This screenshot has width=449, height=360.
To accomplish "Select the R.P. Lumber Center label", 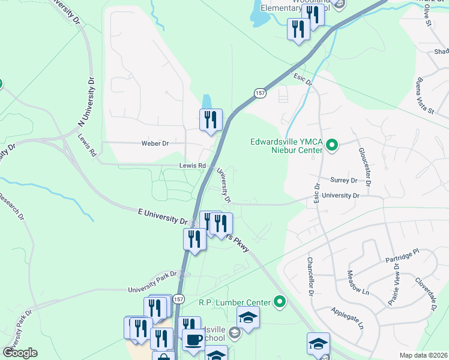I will click(x=236, y=301).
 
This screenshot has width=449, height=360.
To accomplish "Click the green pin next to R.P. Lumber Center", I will click(x=280, y=301).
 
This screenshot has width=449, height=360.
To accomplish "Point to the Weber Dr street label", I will click(x=155, y=143).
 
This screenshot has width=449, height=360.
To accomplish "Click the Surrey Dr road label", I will click(x=343, y=179).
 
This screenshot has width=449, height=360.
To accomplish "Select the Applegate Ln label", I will click(x=348, y=319).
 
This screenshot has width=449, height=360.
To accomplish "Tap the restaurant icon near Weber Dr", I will click(x=211, y=119).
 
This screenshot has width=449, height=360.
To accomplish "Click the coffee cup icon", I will click(x=193, y=340).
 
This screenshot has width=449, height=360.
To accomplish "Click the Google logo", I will click(x=20, y=353).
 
